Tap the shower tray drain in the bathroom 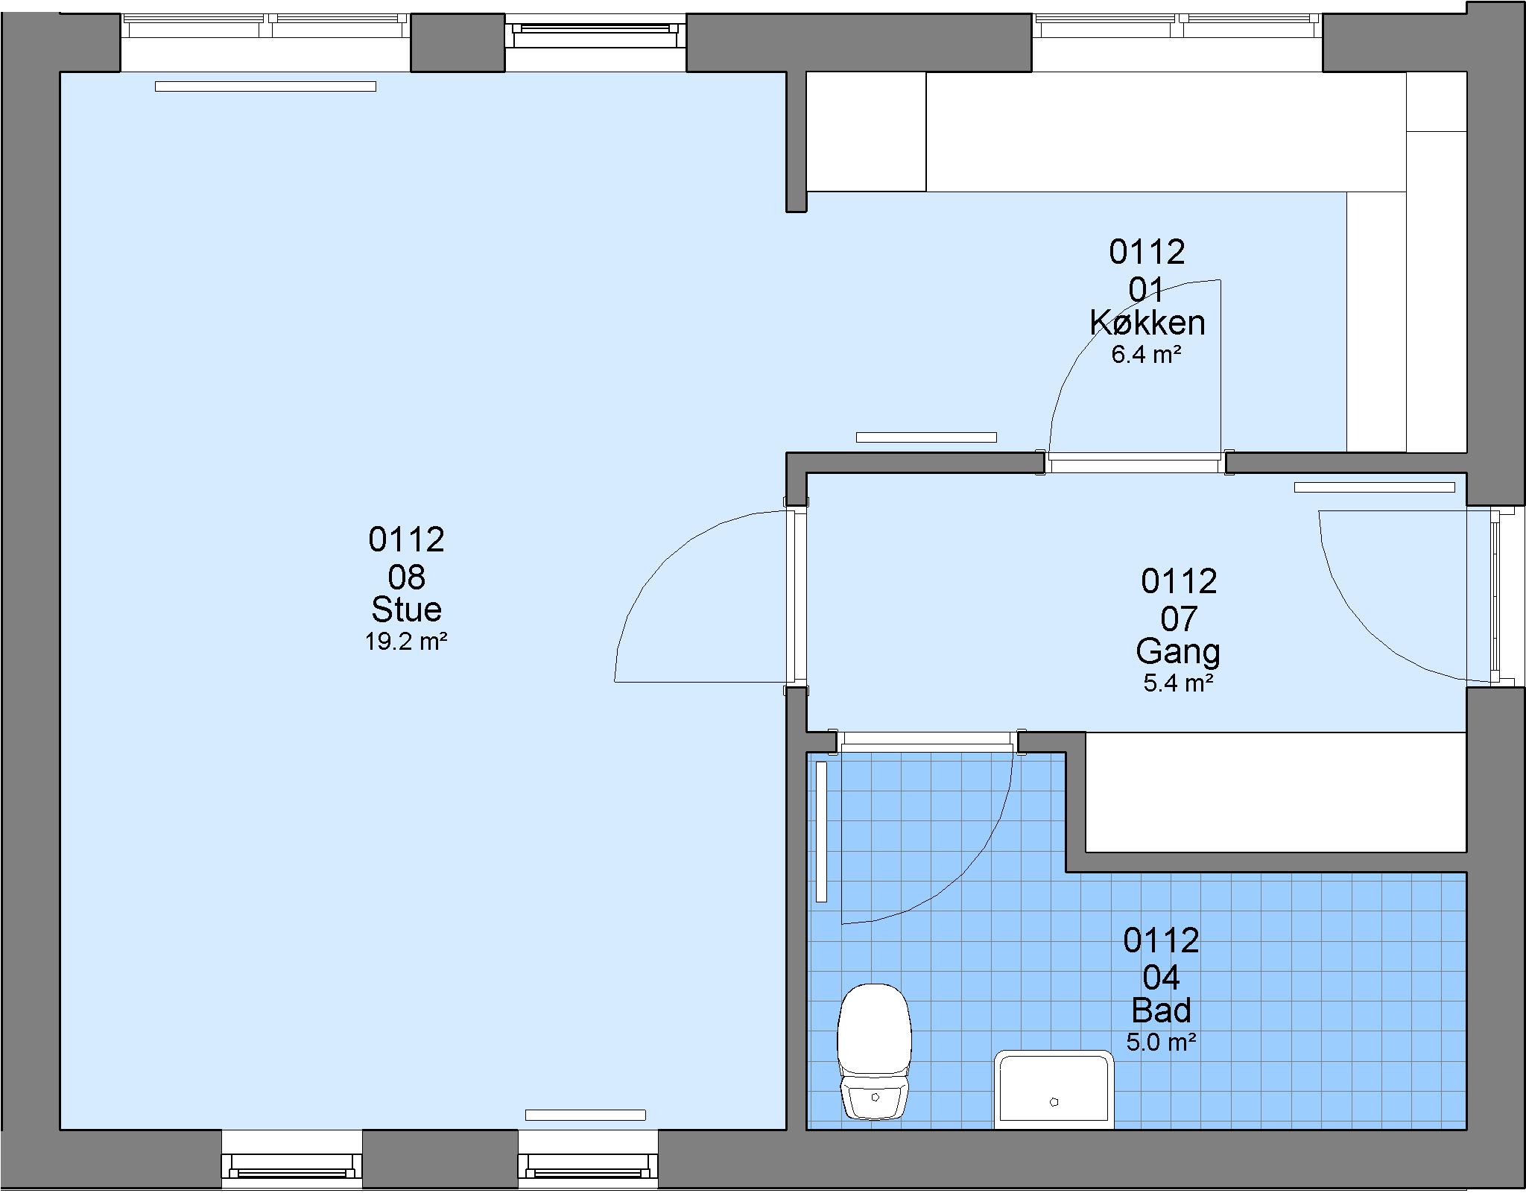click(x=1054, y=1102)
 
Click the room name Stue click(x=406, y=610)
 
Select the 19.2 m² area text click(x=406, y=642)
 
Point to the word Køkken click(x=1147, y=323)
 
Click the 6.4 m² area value click(x=1147, y=355)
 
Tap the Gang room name click(x=1178, y=651)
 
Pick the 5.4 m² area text click(x=1178, y=683)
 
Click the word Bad click(x=1161, y=1010)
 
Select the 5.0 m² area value click(x=1161, y=1042)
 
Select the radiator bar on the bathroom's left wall click(x=822, y=832)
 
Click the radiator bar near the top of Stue click(x=265, y=86)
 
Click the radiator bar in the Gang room click(x=1374, y=487)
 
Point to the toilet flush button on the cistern click(x=875, y=1098)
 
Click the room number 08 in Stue click(x=406, y=578)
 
